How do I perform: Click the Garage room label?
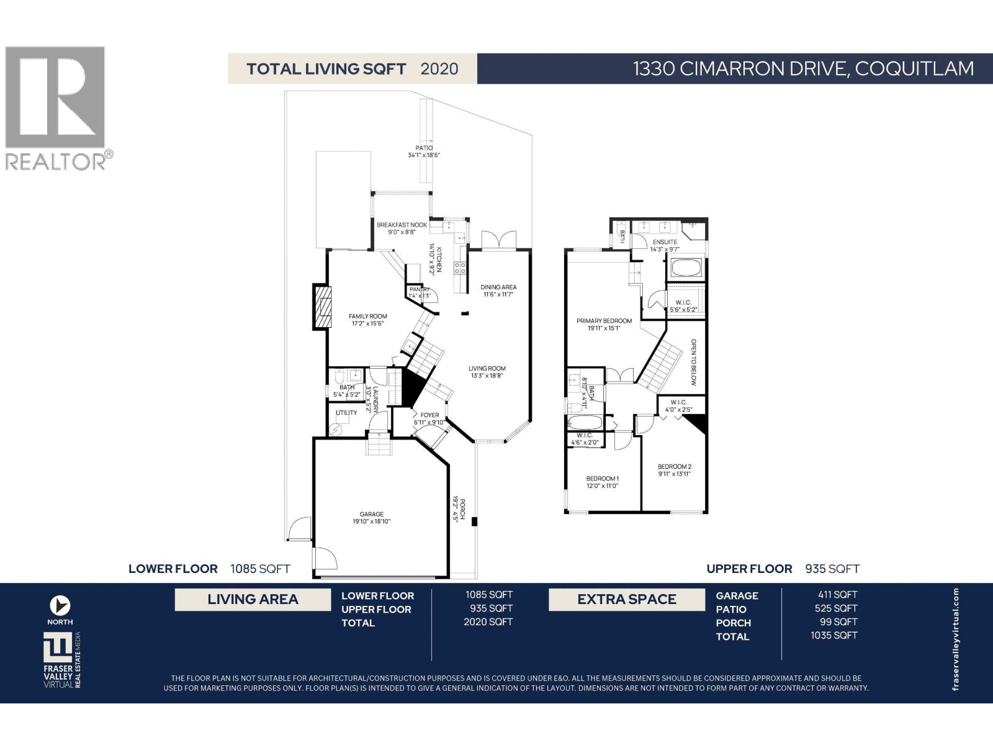tap(372, 514)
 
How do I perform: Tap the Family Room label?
tap(367, 316)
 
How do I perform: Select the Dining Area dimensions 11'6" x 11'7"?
tap(498, 295)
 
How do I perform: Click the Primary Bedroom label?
tap(604, 321)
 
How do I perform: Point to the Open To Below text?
tap(693, 362)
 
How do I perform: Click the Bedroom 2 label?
tap(674, 466)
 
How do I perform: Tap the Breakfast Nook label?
tap(402, 225)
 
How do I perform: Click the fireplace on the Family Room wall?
tap(322, 306)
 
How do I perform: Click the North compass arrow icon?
tap(60, 605)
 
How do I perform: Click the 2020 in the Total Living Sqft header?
tap(439, 69)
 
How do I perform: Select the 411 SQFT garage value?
tap(837, 595)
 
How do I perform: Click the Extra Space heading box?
tap(627, 600)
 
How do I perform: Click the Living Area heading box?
tap(253, 600)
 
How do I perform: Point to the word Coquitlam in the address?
tap(914, 68)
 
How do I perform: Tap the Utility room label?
tap(346, 413)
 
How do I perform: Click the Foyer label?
tap(429, 415)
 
